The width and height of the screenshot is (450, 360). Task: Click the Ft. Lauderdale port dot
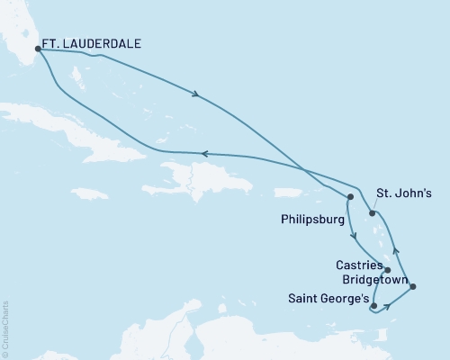click(x=37, y=49)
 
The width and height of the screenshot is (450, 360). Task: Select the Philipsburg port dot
click(x=350, y=196)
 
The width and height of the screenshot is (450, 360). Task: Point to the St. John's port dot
click(x=371, y=213)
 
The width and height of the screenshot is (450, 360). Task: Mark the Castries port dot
click(x=387, y=270)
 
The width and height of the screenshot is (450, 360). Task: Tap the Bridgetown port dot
click(x=412, y=286)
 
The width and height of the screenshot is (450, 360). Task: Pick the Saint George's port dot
click(x=373, y=306)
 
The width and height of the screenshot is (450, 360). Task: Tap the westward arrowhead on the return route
click(x=204, y=154)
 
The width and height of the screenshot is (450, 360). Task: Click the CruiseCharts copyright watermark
click(x=5, y=325)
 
